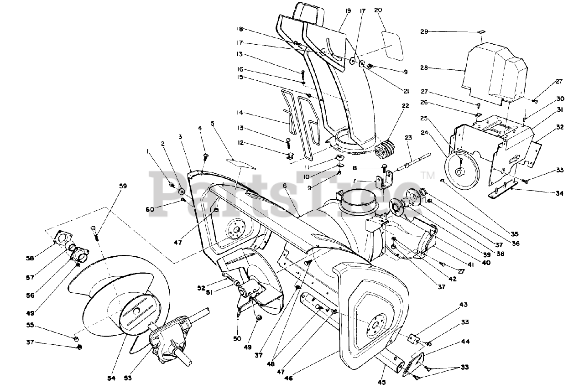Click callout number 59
pyautogui.click(x=123, y=186)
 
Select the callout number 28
pyautogui.click(x=424, y=68)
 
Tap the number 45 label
pyautogui.click(x=381, y=382)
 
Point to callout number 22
pyautogui.click(x=406, y=106)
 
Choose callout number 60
pyautogui.click(x=150, y=209)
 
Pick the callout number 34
pyautogui.click(x=559, y=193)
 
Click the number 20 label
pyautogui.click(x=378, y=10)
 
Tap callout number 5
pyautogui.click(x=213, y=123)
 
